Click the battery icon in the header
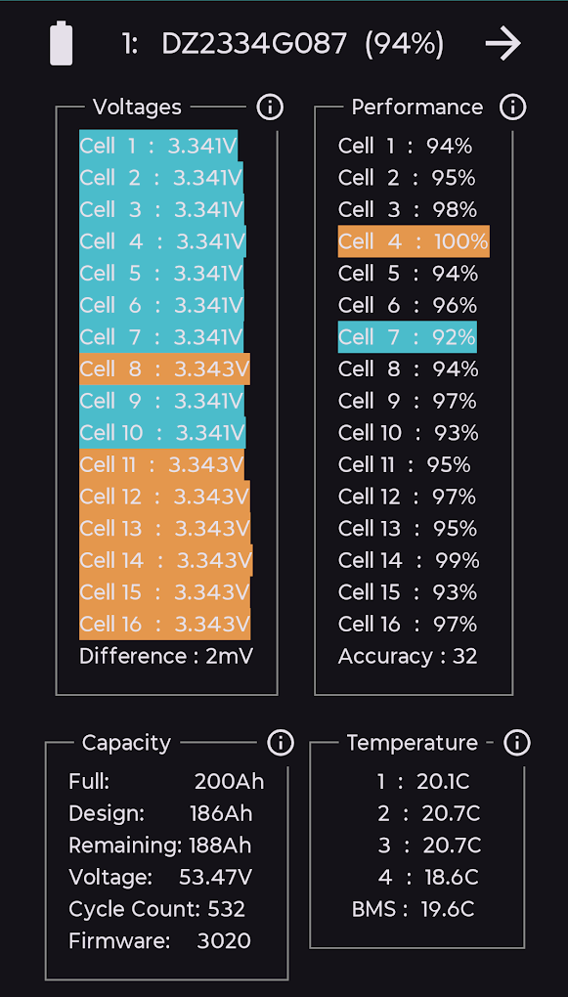61,43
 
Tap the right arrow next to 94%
503,44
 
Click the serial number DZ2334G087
254,44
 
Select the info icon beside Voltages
270,108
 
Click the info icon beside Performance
512,108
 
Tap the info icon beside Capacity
280,742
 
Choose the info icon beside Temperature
516,742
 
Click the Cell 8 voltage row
165,368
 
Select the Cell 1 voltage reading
202,147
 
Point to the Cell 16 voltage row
165,624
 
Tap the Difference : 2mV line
166,656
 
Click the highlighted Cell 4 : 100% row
414,241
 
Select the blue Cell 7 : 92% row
407,337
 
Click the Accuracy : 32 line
408,656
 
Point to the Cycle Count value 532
227,909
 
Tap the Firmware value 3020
224,941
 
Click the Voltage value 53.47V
216,878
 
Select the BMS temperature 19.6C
448,909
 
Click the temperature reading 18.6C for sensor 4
452,878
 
